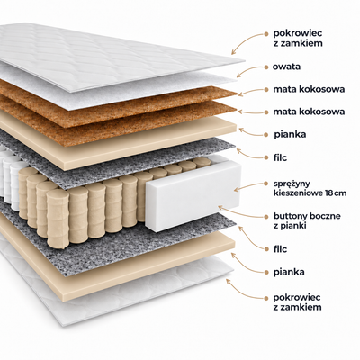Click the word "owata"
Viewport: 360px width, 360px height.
point(286,67)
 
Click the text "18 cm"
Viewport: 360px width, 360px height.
point(336,193)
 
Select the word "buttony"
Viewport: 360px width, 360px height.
point(290,217)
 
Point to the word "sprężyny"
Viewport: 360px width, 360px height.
point(288,184)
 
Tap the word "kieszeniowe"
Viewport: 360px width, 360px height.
point(299,193)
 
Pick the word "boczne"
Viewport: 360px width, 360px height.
point(325,216)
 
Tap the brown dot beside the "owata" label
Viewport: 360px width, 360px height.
point(265,67)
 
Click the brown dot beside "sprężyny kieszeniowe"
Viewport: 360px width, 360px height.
point(265,184)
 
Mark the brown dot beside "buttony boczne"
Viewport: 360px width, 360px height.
point(265,216)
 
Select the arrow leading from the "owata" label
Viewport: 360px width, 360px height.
point(250,71)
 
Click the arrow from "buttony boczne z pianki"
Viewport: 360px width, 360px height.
point(240,212)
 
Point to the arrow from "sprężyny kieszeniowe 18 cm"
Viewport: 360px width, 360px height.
point(249,186)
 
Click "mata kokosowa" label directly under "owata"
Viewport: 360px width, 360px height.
point(309,89)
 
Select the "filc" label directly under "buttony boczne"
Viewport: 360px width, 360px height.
point(280,249)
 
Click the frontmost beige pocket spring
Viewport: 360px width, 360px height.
point(58,219)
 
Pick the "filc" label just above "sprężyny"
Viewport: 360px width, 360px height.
point(280,157)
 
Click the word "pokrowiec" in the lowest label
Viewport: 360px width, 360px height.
point(292,298)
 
